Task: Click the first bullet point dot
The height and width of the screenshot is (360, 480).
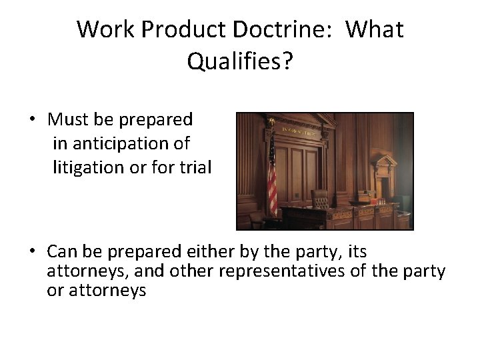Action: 31,120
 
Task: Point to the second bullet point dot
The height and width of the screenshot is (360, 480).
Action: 31,252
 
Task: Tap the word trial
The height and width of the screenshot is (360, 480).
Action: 194,167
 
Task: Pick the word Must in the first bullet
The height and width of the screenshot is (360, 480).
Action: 64,120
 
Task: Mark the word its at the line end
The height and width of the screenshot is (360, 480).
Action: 357,252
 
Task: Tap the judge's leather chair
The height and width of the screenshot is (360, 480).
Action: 321,199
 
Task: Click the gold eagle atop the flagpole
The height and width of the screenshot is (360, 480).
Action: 270,121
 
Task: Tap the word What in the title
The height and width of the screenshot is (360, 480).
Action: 375,29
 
